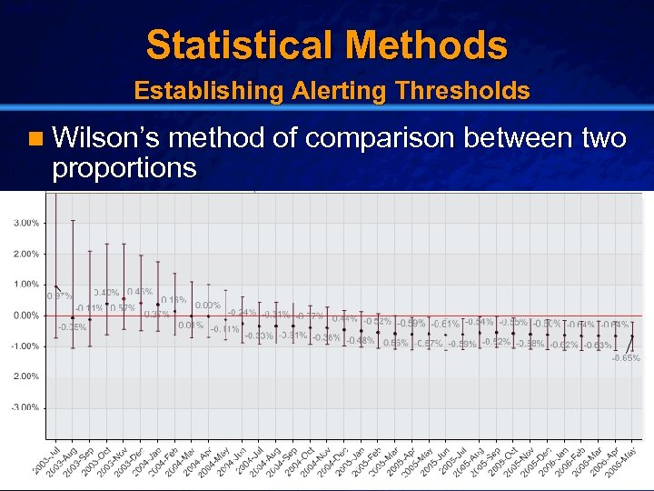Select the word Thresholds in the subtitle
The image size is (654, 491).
[x=459, y=91]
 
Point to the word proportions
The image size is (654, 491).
[x=124, y=167]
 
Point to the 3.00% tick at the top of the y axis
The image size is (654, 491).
[x=25, y=223]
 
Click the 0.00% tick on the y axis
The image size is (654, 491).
[x=25, y=316]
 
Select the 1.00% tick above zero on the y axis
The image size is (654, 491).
[x=25, y=285]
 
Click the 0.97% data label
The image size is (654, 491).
[x=59, y=296]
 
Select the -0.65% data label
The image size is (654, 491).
[x=625, y=358]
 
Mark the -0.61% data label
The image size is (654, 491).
[x=445, y=325]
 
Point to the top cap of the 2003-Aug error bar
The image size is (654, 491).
[x=73, y=221]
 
